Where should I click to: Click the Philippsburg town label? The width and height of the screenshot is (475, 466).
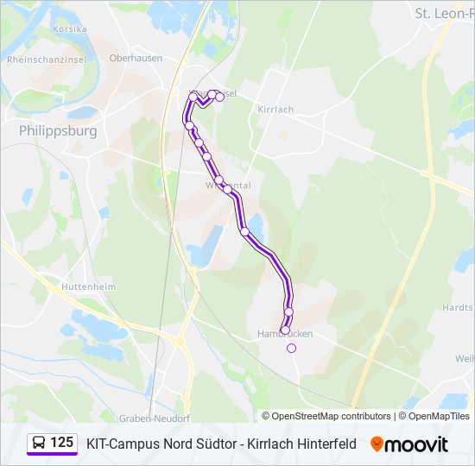(x=57, y=131)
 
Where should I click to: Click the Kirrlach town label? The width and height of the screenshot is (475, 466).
(x=275, y=110)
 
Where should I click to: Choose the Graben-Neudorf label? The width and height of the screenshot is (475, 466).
(x=155, y=418)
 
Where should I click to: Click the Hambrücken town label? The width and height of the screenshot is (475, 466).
(x=285, y=334)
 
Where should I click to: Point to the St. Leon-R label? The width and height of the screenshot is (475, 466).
(x=444, y=13)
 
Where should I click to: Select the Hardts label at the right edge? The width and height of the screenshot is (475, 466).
(x=458, y=307)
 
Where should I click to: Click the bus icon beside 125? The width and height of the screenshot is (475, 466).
(x=39, y=444)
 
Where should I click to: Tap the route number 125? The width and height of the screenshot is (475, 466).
(x=61, y=443)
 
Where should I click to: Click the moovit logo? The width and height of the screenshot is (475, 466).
(x=409, y=444)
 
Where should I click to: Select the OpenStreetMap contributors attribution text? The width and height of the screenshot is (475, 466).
(x=327, y=416)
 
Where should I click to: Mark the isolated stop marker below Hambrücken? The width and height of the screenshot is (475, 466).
(x=291, y=348)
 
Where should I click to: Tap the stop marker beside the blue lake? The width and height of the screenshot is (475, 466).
(x=244, y=231)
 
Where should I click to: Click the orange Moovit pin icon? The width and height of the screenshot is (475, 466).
(x=377, y=444)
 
